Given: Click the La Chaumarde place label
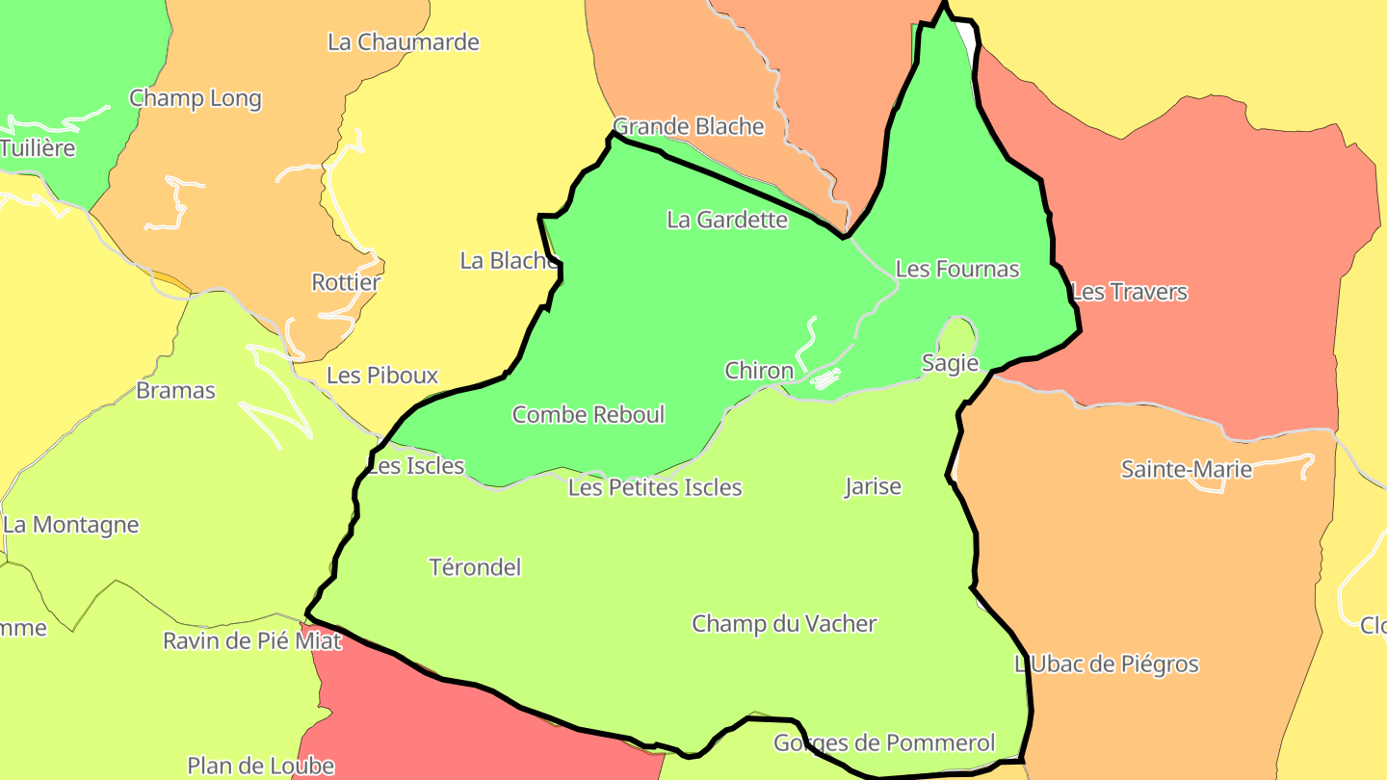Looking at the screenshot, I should tap(404, 42).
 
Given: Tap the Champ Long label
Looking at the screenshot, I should tap(196, 98).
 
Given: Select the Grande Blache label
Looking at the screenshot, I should tap(689, 126).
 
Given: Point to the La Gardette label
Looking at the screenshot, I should tap(727, 220).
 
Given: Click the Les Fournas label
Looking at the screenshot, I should tap(957, 269).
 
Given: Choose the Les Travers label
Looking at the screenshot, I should tap(1130, 291).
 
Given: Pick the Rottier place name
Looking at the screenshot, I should tap(346, 282).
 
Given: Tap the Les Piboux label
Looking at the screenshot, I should tap(382, 375).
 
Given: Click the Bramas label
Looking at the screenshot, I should tap(176, 390).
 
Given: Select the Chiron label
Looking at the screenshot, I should tap(759, 370).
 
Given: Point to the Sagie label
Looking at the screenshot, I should tap(950, 363).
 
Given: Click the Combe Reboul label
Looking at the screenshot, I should tap(589, 414).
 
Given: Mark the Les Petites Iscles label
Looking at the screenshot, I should tap(655, 487).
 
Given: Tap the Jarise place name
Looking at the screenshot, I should tap(873, 486).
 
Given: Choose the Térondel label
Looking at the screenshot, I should tap(476, 566).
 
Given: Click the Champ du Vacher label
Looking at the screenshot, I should tap(784, 623).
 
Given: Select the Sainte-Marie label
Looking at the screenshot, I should tap(1187, 469).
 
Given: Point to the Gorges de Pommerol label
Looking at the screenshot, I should tap(884, 742).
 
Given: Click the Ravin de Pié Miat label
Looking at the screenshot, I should tap(252, 640).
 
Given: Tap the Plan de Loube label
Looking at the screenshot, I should tap(261, 766).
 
